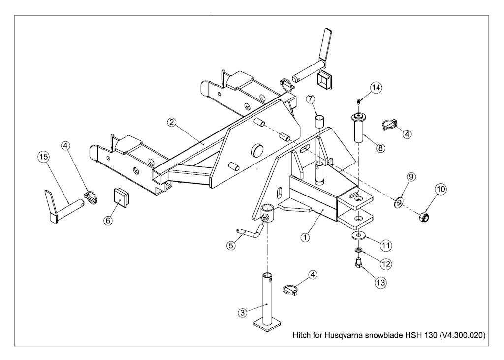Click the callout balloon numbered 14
377,87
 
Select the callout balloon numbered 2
172,122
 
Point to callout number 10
441,189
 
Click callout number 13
380,283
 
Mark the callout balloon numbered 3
243,312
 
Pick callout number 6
108,220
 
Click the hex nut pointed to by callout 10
423,218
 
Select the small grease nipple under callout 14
358,102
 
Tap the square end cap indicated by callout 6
121,199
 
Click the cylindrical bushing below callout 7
319,122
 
